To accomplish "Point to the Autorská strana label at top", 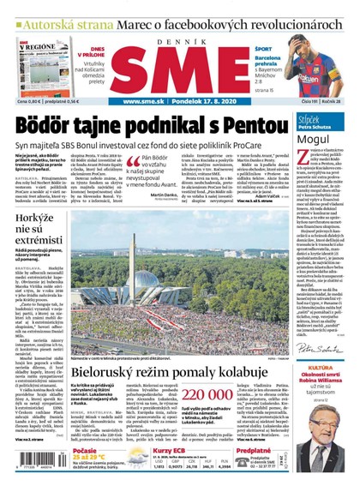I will [x=52, y=10].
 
